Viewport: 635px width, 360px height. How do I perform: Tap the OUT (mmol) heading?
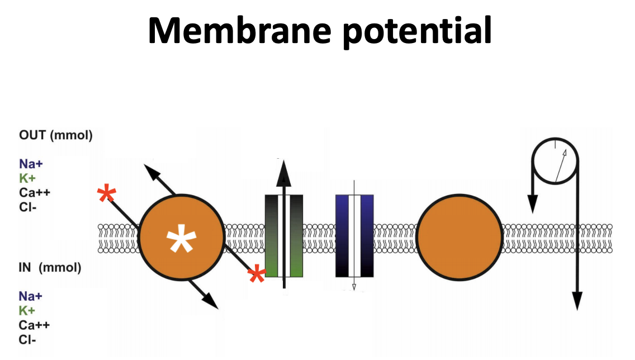pos(55,136)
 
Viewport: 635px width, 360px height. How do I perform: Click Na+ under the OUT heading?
pos(30,164)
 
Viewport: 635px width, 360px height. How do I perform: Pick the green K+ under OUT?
pos(27,179)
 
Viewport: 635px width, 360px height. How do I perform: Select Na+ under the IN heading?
pos(30,296)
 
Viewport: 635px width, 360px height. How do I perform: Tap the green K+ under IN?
pos(27,311)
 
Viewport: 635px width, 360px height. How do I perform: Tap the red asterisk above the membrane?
pos(107,195)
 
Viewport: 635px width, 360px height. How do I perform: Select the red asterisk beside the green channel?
pos(257,274)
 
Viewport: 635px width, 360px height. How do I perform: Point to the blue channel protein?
pos(354,235)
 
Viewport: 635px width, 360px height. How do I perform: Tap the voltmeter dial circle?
pos(556,162)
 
